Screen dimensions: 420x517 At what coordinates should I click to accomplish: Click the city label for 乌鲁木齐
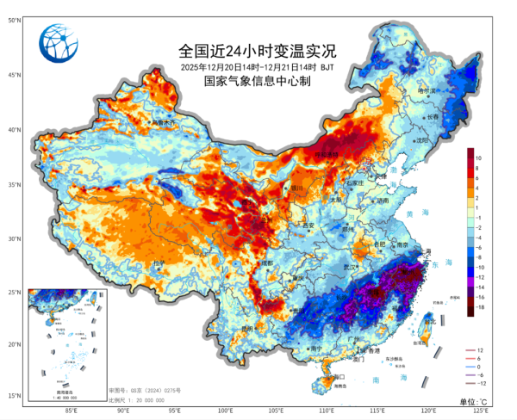point(163,124)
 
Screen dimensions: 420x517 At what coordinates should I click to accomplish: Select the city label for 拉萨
point(158,262)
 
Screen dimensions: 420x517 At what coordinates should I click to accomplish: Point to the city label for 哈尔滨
point(428,90)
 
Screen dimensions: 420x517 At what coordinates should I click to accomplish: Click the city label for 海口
point(338,376)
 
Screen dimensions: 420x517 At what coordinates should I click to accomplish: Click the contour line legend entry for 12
point(489,351)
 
